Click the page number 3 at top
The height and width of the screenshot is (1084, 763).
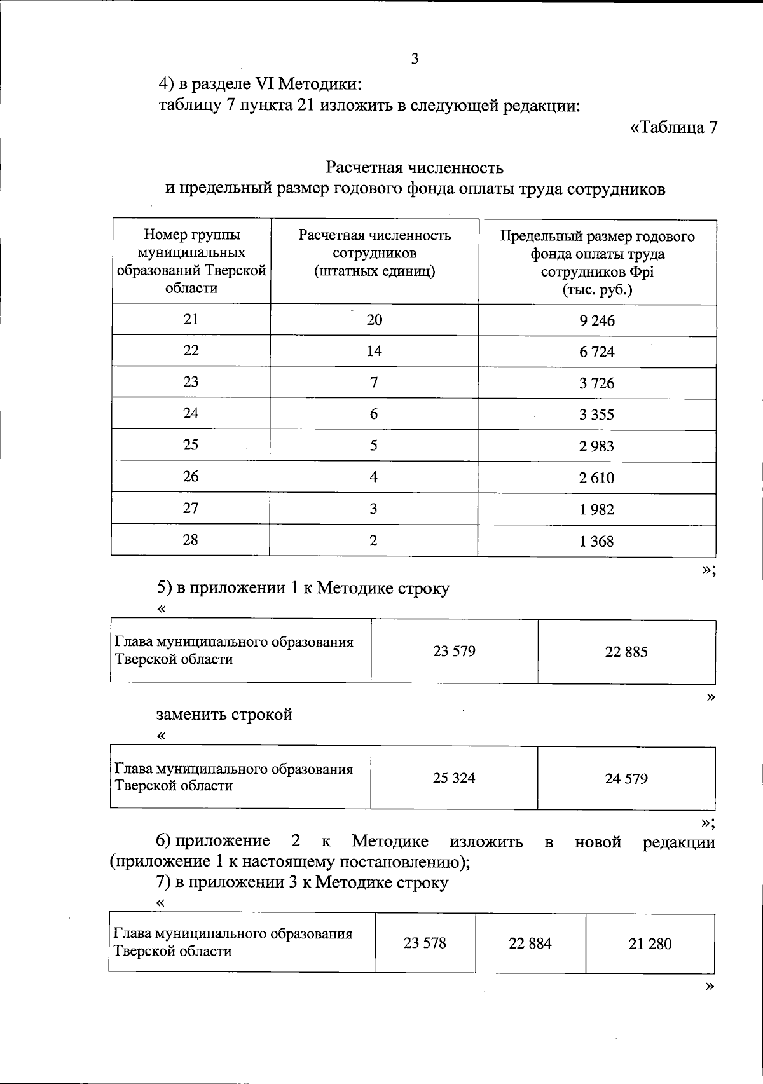415,60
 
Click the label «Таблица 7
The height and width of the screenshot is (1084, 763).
673,127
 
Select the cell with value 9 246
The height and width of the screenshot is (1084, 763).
596,320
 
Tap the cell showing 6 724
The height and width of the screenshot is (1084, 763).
596,352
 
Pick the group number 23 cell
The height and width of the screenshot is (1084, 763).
191,381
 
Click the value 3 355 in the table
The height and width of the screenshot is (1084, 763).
596,415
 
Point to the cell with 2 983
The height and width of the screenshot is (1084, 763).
596,446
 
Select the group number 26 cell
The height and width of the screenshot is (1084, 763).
191,477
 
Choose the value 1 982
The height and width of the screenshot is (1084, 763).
596,509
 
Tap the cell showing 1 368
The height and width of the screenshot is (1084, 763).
596,541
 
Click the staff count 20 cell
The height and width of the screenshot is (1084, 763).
375,320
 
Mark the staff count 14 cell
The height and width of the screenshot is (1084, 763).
375,351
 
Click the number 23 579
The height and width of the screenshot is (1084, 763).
454,651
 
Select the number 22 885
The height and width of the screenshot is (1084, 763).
626,652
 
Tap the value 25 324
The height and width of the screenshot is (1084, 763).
454,778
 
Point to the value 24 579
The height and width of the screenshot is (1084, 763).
626,778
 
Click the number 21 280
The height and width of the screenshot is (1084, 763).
650,944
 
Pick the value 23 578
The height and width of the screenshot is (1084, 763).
425,943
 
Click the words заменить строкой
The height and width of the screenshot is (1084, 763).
224,715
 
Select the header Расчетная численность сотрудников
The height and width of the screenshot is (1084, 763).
375,253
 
